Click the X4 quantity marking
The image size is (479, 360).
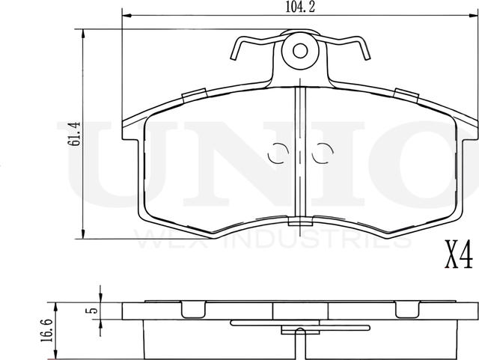pos(458,256)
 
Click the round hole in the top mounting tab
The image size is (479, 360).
pos(300,51)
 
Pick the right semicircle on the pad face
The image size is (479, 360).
pos(324,151)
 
